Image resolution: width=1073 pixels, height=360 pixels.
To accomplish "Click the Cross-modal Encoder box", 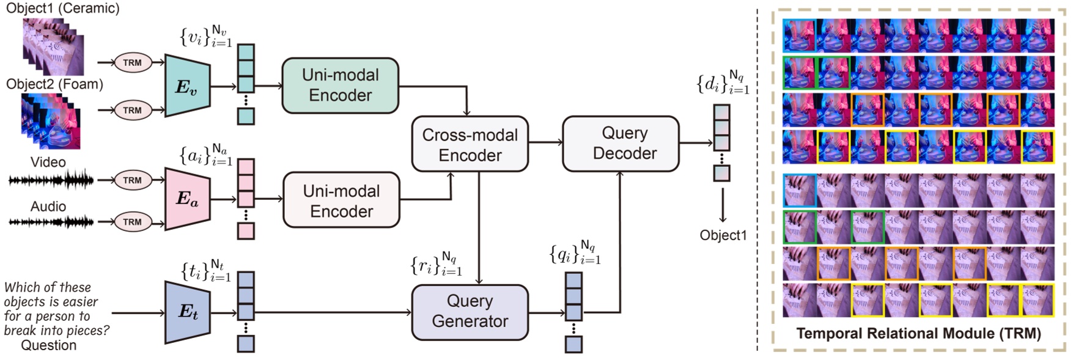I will [470, 144].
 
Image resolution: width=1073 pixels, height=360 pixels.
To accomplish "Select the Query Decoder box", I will [620, 143].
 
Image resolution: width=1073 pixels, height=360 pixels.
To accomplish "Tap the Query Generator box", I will [470, 312].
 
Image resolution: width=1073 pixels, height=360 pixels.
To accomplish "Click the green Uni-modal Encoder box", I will [340, 86].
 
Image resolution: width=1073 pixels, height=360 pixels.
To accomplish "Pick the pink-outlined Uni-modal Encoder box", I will [341, 200].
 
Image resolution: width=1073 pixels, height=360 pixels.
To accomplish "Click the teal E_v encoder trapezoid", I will [187, 86].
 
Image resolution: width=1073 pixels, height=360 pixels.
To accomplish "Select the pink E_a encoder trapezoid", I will [187, 199].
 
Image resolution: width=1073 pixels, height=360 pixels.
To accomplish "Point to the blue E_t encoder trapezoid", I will [187, 312].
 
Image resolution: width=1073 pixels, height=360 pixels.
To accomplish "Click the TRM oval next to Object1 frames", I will [132, 62].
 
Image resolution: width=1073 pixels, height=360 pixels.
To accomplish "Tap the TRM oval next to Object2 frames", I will [132, 111].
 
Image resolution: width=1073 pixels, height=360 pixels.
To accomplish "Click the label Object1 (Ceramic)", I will [62, 9].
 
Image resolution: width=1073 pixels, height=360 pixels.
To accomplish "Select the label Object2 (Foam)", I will [54, 84].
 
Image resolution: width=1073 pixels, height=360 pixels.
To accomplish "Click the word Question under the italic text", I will [49, 345].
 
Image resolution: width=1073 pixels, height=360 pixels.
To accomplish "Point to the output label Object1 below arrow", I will [723, 235].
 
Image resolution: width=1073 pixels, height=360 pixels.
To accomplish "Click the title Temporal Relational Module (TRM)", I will [918, 334].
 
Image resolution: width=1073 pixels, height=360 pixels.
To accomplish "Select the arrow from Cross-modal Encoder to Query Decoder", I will [545, 142].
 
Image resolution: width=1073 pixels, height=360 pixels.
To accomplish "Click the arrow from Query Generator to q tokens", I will [546, 313].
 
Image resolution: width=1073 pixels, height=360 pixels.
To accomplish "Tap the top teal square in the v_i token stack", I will [246, 51].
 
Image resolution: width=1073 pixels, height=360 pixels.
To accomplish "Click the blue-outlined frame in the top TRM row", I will [799, 35].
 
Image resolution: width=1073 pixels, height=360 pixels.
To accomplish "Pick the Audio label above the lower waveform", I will [48, 207].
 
